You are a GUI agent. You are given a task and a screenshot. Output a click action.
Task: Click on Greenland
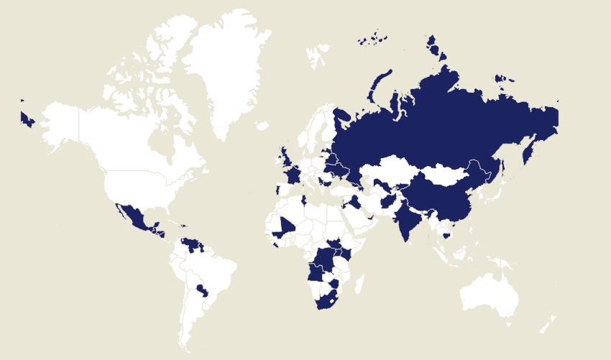click(x=223, y=72)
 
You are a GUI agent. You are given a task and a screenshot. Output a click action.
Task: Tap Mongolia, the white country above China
click(x=446, y=175)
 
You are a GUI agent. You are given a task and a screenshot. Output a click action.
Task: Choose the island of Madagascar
click(x=359, y=284)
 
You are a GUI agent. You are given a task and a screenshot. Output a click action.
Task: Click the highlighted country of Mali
click(x=286, y=227)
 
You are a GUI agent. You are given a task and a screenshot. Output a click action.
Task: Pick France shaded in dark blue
click(x=293, y=175)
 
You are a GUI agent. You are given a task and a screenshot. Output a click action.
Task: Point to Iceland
click(x=262, y=126)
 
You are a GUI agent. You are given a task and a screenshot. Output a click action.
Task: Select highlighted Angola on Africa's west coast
click(x=317, y=273)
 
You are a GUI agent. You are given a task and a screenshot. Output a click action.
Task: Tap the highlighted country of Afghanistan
click(x=389, y=200)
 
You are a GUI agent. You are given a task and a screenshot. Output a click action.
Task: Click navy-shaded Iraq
click(x=354, y=200)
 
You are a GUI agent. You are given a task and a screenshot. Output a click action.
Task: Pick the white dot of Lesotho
click(x=331, y=302)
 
